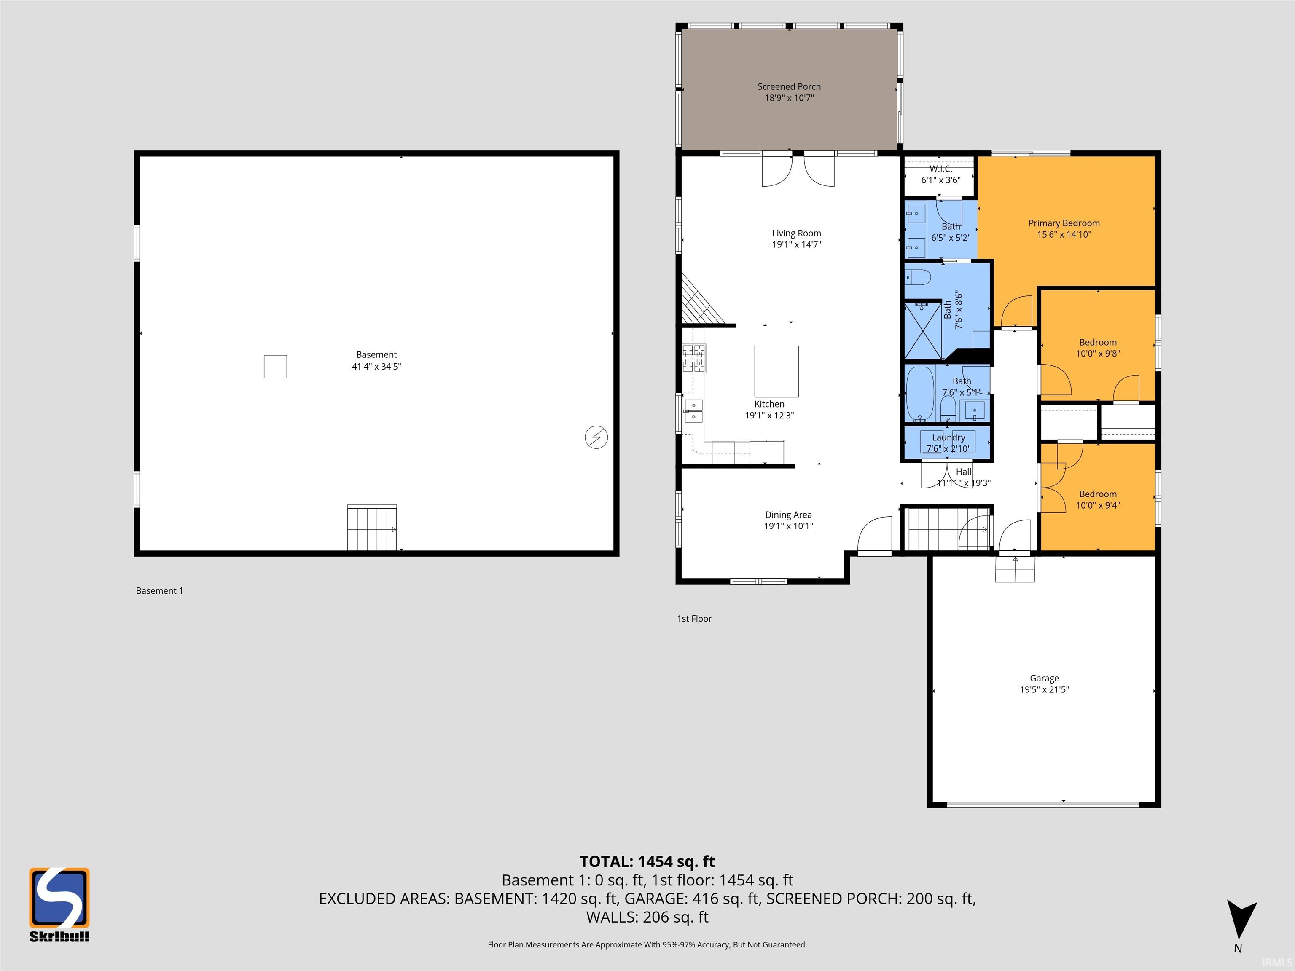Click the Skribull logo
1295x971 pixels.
click(59, 904)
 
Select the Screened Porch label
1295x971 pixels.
click(789, 87)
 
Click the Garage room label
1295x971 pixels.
click(1045, 679)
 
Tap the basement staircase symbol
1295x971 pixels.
click(372, 527)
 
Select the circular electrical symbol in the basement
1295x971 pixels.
click(596, 437)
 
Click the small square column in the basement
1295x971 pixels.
click(275, 367)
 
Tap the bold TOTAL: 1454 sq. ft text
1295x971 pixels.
click(647, 861)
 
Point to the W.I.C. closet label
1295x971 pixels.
click(941, 169)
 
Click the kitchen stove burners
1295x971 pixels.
click(694, 358)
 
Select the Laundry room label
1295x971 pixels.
click(948, 437)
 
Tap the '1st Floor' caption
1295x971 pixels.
click(694, 619)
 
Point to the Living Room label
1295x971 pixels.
click(796, 233)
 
